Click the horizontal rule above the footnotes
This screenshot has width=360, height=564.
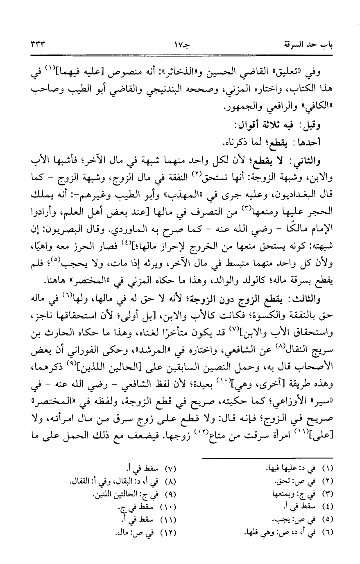[x=268, y=458]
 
